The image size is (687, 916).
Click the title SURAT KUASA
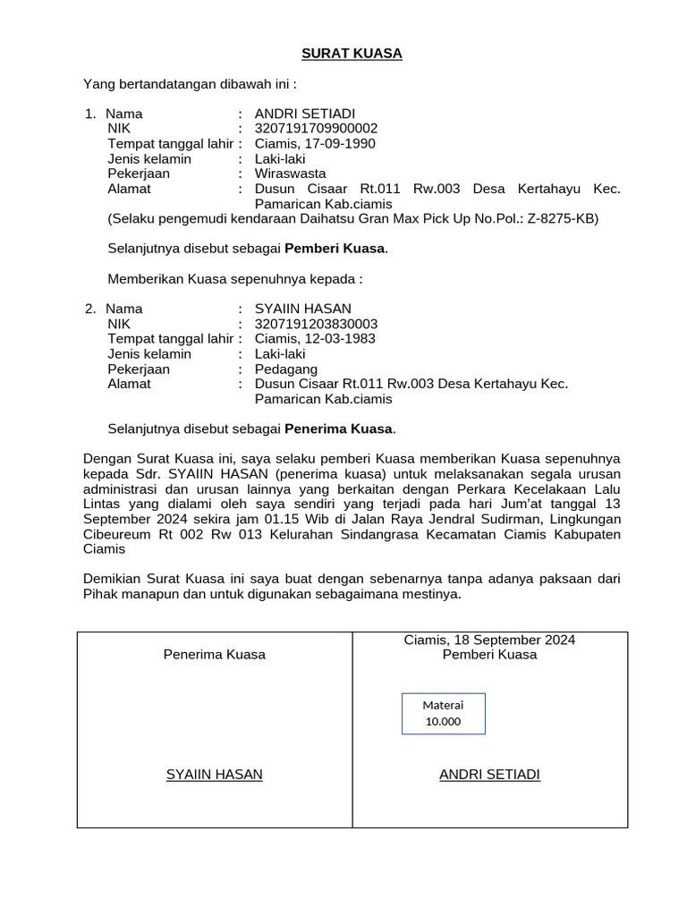352,54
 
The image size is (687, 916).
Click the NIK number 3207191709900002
316,129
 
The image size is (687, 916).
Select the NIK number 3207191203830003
316,324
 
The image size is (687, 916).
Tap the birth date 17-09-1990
341,144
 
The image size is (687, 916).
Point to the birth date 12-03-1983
341,339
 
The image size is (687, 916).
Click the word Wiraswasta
290,174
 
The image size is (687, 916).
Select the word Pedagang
286,369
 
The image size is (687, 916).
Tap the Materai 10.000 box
444,713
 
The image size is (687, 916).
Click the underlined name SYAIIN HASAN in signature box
215,775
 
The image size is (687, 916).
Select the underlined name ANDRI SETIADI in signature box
489,775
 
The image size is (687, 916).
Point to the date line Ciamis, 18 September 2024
489,640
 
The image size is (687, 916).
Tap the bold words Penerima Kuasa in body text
339,428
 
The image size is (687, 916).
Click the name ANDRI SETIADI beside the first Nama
305,114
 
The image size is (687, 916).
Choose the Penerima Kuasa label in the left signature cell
215,655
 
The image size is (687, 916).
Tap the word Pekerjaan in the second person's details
139,369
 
